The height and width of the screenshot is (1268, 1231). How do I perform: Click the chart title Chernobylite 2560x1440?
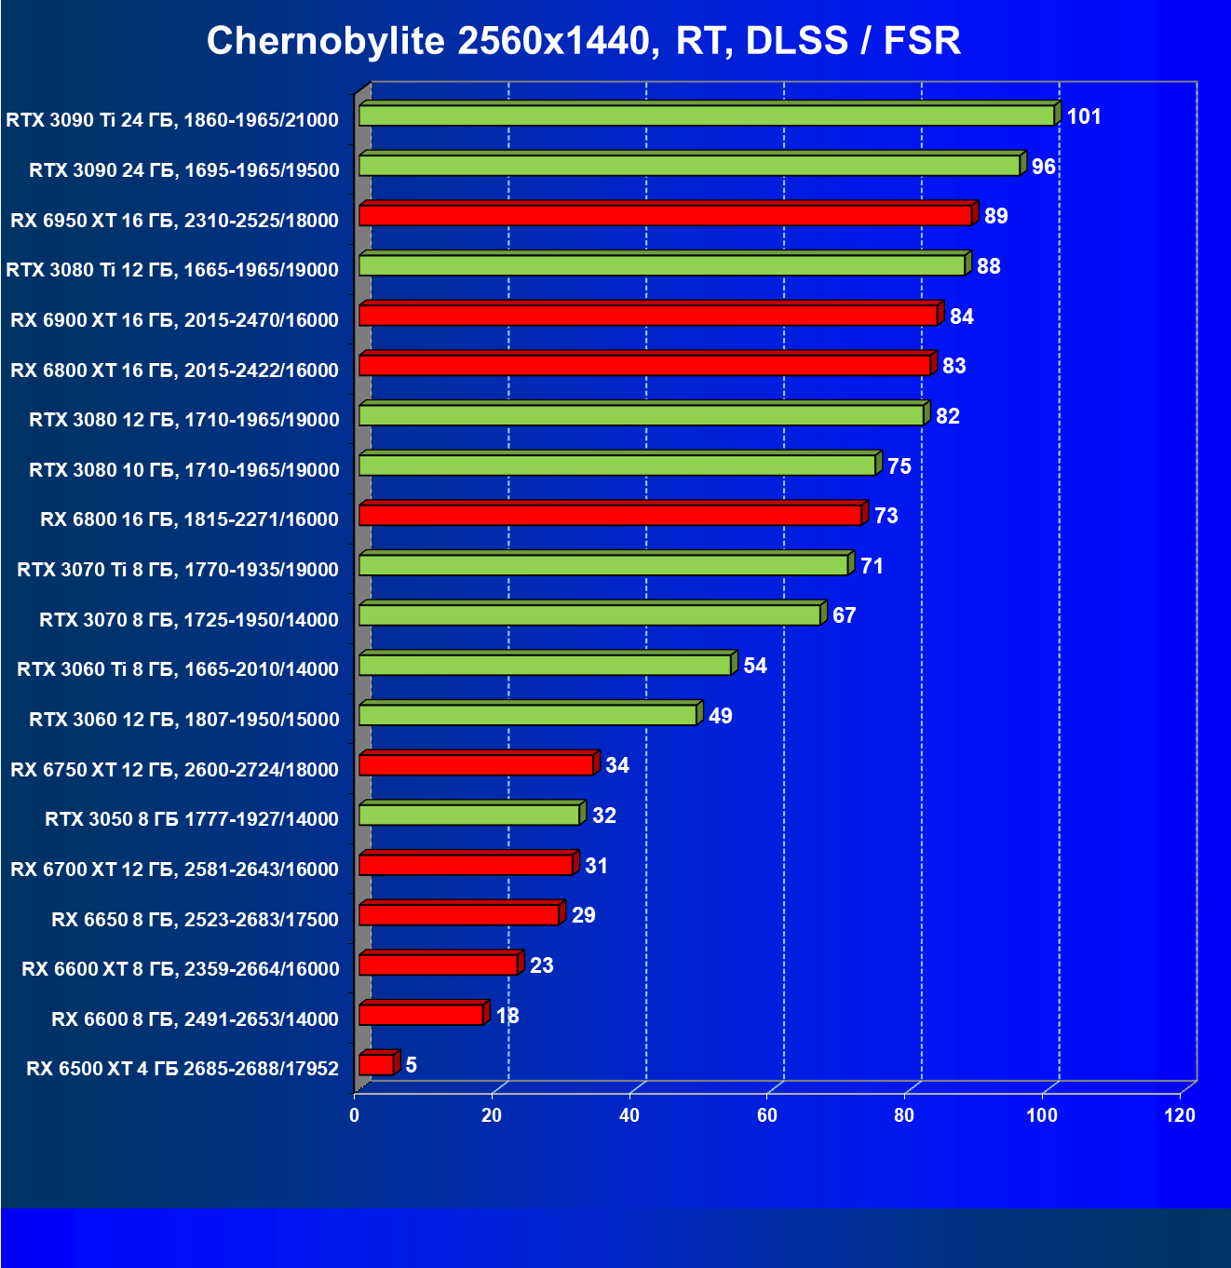[x=583, y=41]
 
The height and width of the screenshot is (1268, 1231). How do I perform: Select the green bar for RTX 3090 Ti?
[x=706, y=115]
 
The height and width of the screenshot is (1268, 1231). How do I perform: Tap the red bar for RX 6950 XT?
[x=665, y=215]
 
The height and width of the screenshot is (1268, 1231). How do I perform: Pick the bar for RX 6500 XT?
[x=376, y=1064]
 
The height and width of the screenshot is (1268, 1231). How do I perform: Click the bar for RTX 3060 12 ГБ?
[x=527, y=715]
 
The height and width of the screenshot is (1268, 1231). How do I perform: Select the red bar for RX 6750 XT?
[x=476, y=765]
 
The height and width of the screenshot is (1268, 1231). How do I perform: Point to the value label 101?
[x=1084, y=116]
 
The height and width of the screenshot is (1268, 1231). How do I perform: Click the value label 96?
[x=1043, y=167]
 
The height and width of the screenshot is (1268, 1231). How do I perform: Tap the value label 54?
[x=754, y=666]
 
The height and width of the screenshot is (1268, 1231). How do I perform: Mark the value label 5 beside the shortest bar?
[x=411, y=1064]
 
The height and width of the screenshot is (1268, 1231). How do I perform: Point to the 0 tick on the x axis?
[x=355, y=1115]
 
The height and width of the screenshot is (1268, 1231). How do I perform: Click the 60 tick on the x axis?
[x=766, y=1115]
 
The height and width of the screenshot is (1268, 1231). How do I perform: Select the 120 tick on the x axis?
[x=1179, y=1115]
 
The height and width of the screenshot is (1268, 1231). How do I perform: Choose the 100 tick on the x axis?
[x=1042, y=1115]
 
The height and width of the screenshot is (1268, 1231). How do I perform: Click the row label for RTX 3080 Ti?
[x=172, y=270]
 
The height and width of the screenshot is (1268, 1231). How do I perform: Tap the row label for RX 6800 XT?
[x=174, y=370]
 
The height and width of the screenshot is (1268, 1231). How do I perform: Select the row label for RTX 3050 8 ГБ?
[x=192, y=819]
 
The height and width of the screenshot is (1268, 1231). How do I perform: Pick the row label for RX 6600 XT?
[x=181, y=969]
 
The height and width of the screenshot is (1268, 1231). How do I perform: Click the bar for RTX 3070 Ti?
[x=603, y=565]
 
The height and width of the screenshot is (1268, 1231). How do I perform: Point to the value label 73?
[x=886, y=516]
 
